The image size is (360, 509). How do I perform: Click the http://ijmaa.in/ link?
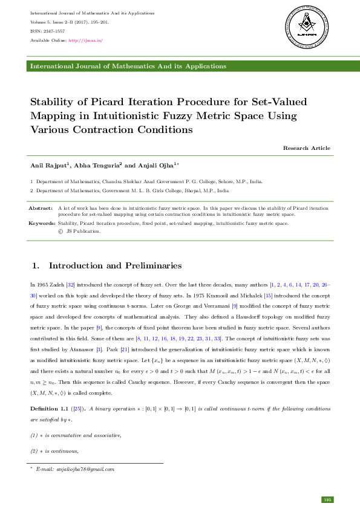coord(85,41)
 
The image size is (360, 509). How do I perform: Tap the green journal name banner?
coord(180,66)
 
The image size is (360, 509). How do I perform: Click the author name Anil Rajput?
coord(51,165)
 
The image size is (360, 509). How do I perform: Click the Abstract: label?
coord(41,208)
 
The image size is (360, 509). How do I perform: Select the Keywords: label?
coord(42,223)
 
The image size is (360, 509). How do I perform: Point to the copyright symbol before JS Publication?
coord(60,230)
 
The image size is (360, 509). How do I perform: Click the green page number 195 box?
coord(327,499)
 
